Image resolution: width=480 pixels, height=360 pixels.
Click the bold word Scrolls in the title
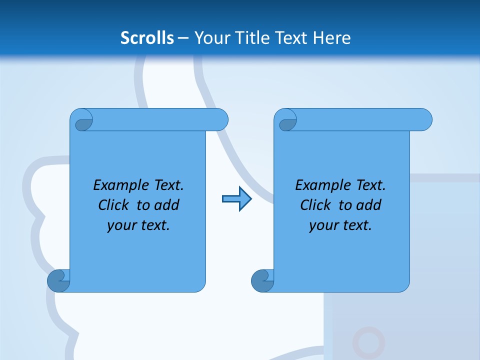point(147,37)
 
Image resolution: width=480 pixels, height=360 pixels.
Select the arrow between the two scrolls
point(236,199)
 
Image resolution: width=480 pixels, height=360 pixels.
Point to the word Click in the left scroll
point(115,205)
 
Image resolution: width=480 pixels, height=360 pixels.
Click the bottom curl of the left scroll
point(59,280)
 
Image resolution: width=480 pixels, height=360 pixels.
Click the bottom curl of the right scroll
point(263,280)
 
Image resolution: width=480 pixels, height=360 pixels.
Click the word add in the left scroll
point(167,205)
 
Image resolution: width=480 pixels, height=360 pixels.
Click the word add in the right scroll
point(369,205)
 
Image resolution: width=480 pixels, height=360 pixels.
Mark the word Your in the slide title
point(210,37)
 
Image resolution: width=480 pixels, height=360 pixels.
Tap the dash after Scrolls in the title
point(183,38)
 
